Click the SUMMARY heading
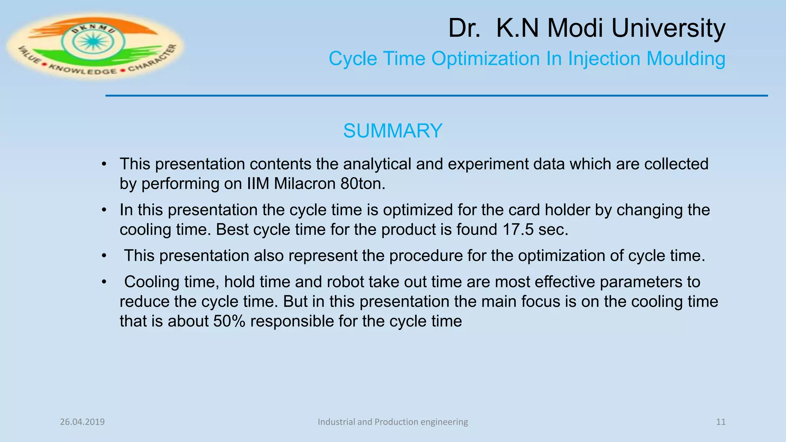(x=393, y=131)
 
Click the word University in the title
(x=668, y=28)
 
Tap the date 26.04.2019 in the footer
(x=82, y=422)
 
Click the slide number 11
(x=721, y=422)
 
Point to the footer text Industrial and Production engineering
(x=393, y=422)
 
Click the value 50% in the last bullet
(x=229, y=321)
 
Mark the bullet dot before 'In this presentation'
(x=104, y=210)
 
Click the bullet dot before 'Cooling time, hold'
(x=104, y=282)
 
